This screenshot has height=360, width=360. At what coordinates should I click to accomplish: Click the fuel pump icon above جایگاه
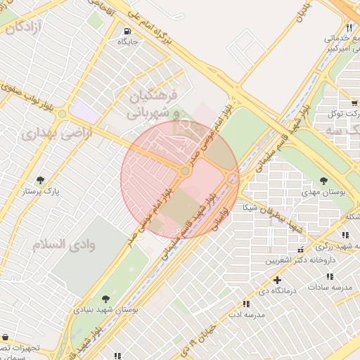pos(127,31)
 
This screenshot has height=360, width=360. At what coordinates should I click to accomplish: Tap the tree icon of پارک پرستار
pos(41,180)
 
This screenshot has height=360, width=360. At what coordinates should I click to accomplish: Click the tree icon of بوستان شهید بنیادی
pos(105,299)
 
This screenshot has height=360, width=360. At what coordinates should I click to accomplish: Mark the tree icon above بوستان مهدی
pos(323,181)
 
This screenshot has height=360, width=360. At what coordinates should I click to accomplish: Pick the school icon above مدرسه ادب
pos(246,304)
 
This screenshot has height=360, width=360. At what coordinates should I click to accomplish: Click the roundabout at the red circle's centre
pos(185,171)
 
